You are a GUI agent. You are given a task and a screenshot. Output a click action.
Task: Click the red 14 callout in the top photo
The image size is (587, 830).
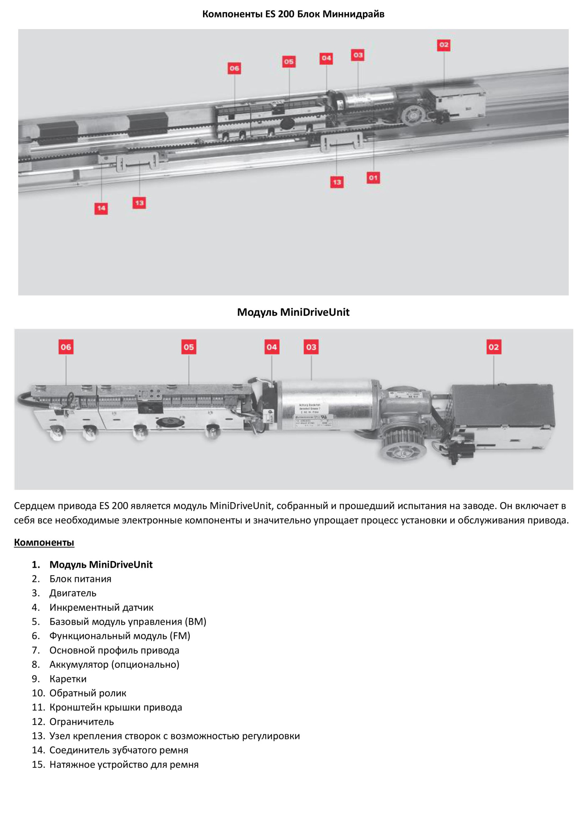click(101, 208)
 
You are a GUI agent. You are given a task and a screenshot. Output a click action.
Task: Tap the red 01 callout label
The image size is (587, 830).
click(373, 178)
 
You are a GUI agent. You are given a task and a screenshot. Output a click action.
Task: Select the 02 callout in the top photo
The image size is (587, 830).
click(444, 45)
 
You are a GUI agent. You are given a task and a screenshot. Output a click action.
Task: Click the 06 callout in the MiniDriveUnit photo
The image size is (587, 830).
click(66, 347)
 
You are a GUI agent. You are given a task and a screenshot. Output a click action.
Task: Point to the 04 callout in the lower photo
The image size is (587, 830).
click(271, 347)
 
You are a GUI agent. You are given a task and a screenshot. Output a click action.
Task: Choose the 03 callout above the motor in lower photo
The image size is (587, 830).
click(311, 347)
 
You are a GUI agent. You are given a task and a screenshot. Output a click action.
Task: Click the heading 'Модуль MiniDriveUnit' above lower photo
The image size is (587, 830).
click(293, 312)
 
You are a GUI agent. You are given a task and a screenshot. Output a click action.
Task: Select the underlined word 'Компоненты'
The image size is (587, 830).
click(44, 542)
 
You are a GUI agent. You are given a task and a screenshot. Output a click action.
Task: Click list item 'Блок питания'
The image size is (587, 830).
click(80, 579)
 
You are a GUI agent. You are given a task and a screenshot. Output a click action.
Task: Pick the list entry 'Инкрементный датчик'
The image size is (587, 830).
click(101, 608)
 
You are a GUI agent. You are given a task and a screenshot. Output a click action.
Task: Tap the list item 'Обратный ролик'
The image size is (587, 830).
click(88, 693)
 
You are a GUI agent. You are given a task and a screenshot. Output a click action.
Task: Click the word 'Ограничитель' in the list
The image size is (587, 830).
click(81, 722)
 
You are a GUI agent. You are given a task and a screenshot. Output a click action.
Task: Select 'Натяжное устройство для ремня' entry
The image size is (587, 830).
click(124, 764)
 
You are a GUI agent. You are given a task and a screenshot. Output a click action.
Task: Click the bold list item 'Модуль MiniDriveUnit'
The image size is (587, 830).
click(101, 564)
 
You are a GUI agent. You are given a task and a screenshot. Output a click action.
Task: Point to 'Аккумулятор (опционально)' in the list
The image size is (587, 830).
click(114, 664)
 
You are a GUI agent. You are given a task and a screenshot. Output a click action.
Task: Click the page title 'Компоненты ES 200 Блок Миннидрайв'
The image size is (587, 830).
click(293, 14)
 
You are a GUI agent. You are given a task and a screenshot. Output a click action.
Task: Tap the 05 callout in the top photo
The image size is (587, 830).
click(289, 61)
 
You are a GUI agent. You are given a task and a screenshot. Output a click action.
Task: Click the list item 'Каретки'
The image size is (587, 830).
click(68, 679)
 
